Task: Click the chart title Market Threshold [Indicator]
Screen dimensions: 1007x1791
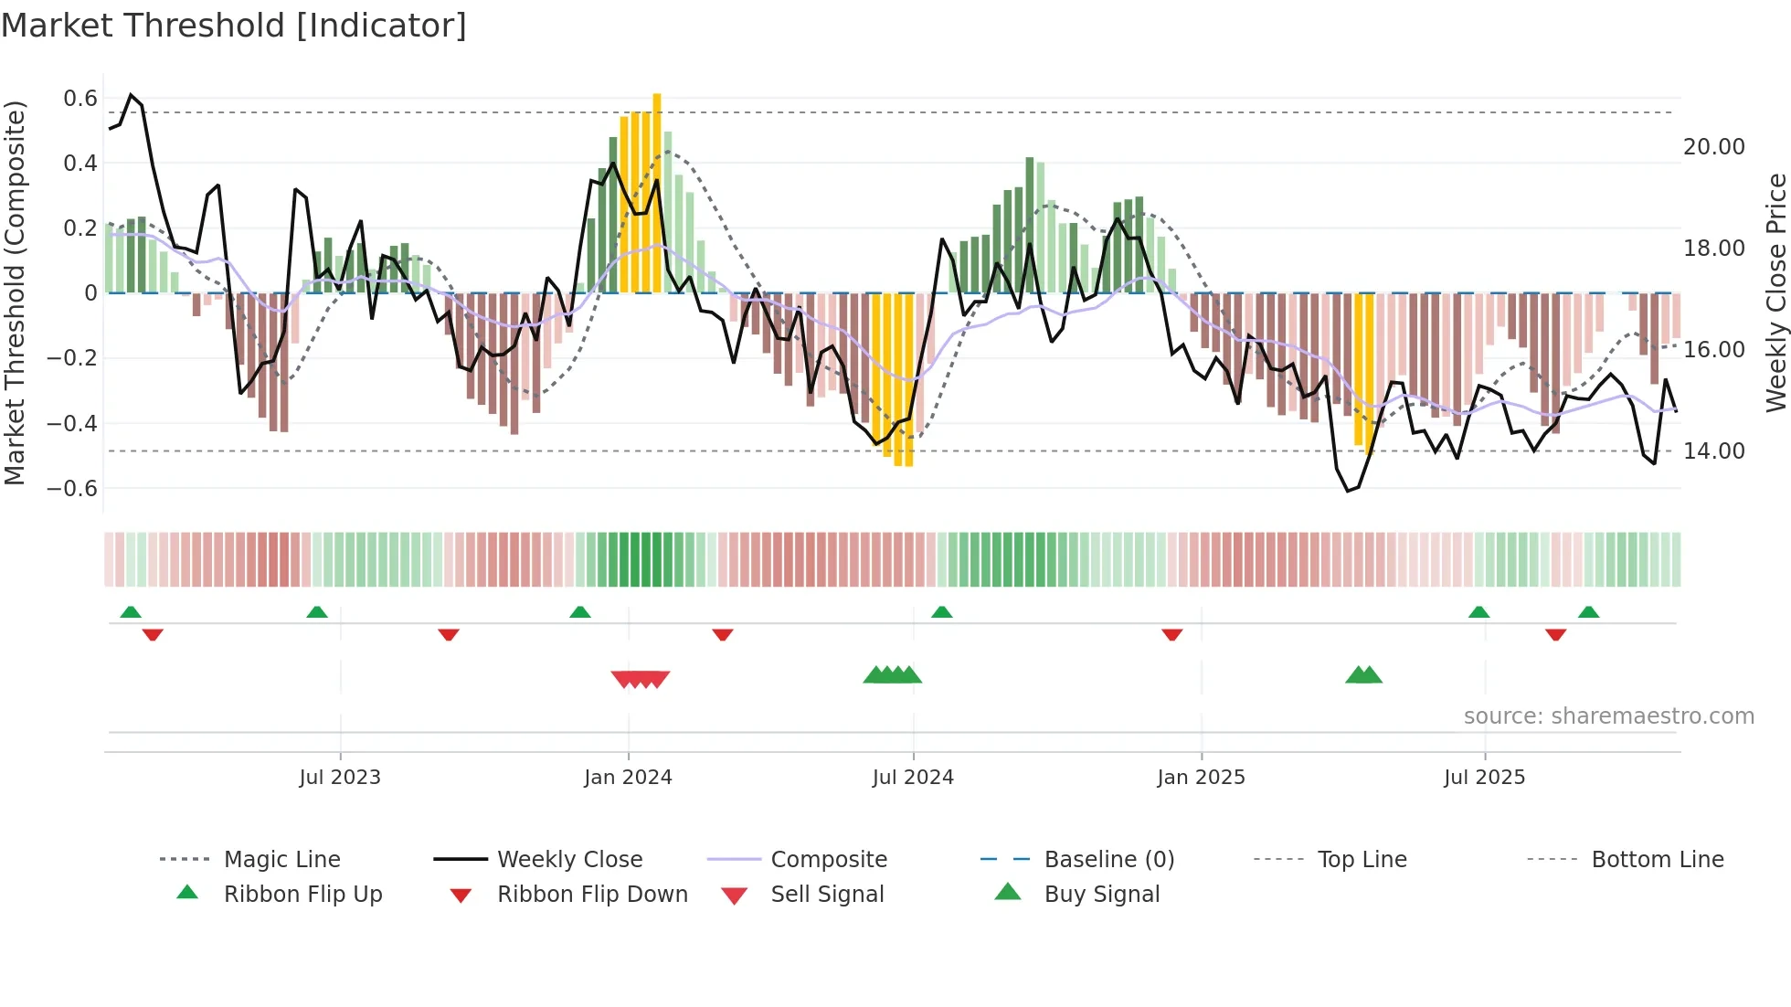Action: click(234, 26)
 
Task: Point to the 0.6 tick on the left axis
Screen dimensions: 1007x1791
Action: click(80, 99)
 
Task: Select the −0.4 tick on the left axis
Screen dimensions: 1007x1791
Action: click(72, 423)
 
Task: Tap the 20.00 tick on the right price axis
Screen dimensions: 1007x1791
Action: click(1713, 147)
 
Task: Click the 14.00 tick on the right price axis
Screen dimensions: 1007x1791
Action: click(1713, 451)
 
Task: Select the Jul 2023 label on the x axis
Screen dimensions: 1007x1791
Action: click(340, 778)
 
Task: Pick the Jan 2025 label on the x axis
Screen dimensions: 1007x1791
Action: click(1201, 778)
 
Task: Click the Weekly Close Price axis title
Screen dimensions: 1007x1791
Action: click(1775, 292)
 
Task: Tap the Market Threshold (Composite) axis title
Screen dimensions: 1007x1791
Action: click(15, 292)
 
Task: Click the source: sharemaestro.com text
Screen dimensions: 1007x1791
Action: click(1608, 716)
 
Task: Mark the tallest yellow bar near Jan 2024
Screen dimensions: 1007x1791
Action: click(657, 192)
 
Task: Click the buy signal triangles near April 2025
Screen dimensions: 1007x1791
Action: click(1363, 675)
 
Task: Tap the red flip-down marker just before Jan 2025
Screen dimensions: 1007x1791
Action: click(1171, 634)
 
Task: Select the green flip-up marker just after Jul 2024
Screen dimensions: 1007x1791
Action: click(942, 611)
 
